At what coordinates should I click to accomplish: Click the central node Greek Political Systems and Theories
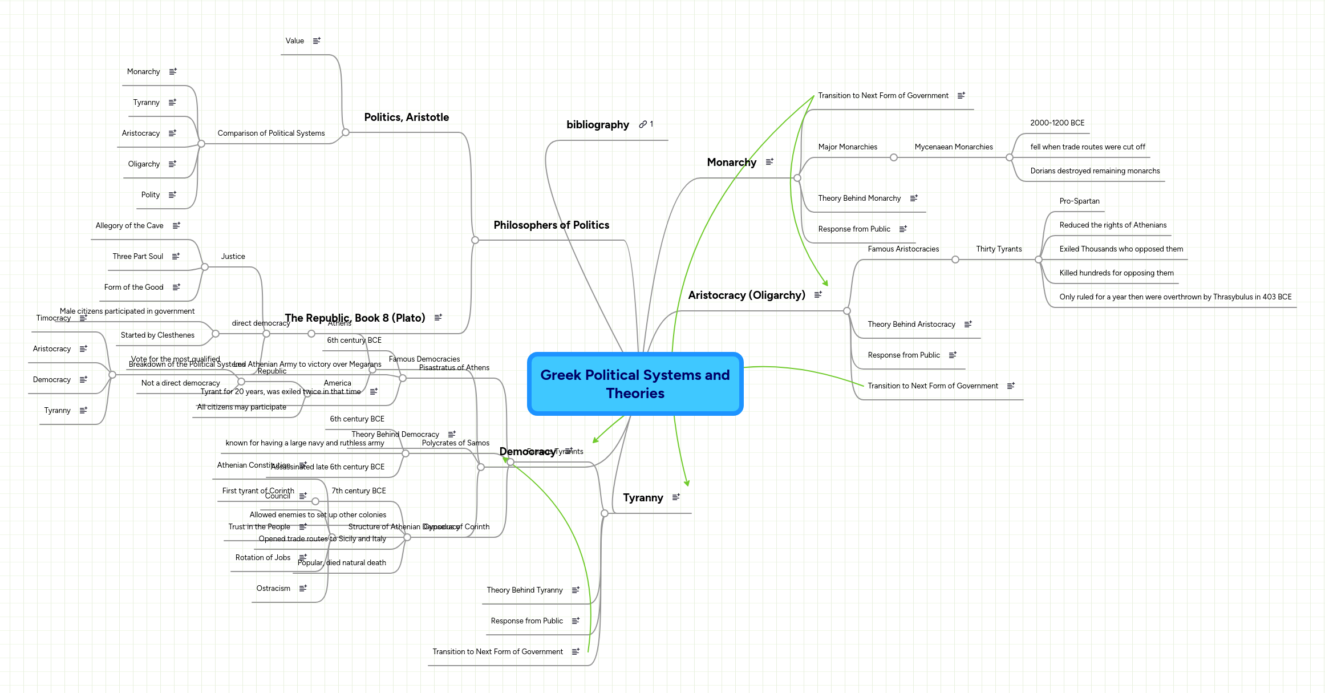tap(635, 384)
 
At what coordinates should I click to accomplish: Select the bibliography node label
tap(597, 125)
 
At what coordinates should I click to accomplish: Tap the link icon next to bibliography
tap(643, 124)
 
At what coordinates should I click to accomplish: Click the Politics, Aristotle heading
tap(406, 117)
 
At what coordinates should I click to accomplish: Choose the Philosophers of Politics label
tap(551, 225)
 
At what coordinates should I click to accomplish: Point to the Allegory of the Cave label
tap(129, 226)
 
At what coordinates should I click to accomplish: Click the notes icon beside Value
tap(317, 41)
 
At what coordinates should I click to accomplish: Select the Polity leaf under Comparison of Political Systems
tap(151, 195)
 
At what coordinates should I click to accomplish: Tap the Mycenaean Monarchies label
tap(953, 147)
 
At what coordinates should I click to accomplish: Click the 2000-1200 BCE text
tap(1057, 123)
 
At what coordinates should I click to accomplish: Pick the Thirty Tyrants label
tap(998, 249)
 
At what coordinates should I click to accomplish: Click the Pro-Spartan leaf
tap(1079, 201)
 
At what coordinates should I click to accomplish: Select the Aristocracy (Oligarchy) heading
tap(746, 295)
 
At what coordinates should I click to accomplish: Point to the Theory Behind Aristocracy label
tap(911, 325)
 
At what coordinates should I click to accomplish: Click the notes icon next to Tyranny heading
tap(676, 497)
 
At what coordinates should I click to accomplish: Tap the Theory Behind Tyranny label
tap(524, 590)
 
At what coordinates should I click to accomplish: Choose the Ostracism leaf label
tap(273, 589)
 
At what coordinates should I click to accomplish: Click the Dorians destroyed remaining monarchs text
tap(1095, 171)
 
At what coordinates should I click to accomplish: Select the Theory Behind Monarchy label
tap(859, 198)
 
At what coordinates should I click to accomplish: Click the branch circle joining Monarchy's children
tap(797, 178)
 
